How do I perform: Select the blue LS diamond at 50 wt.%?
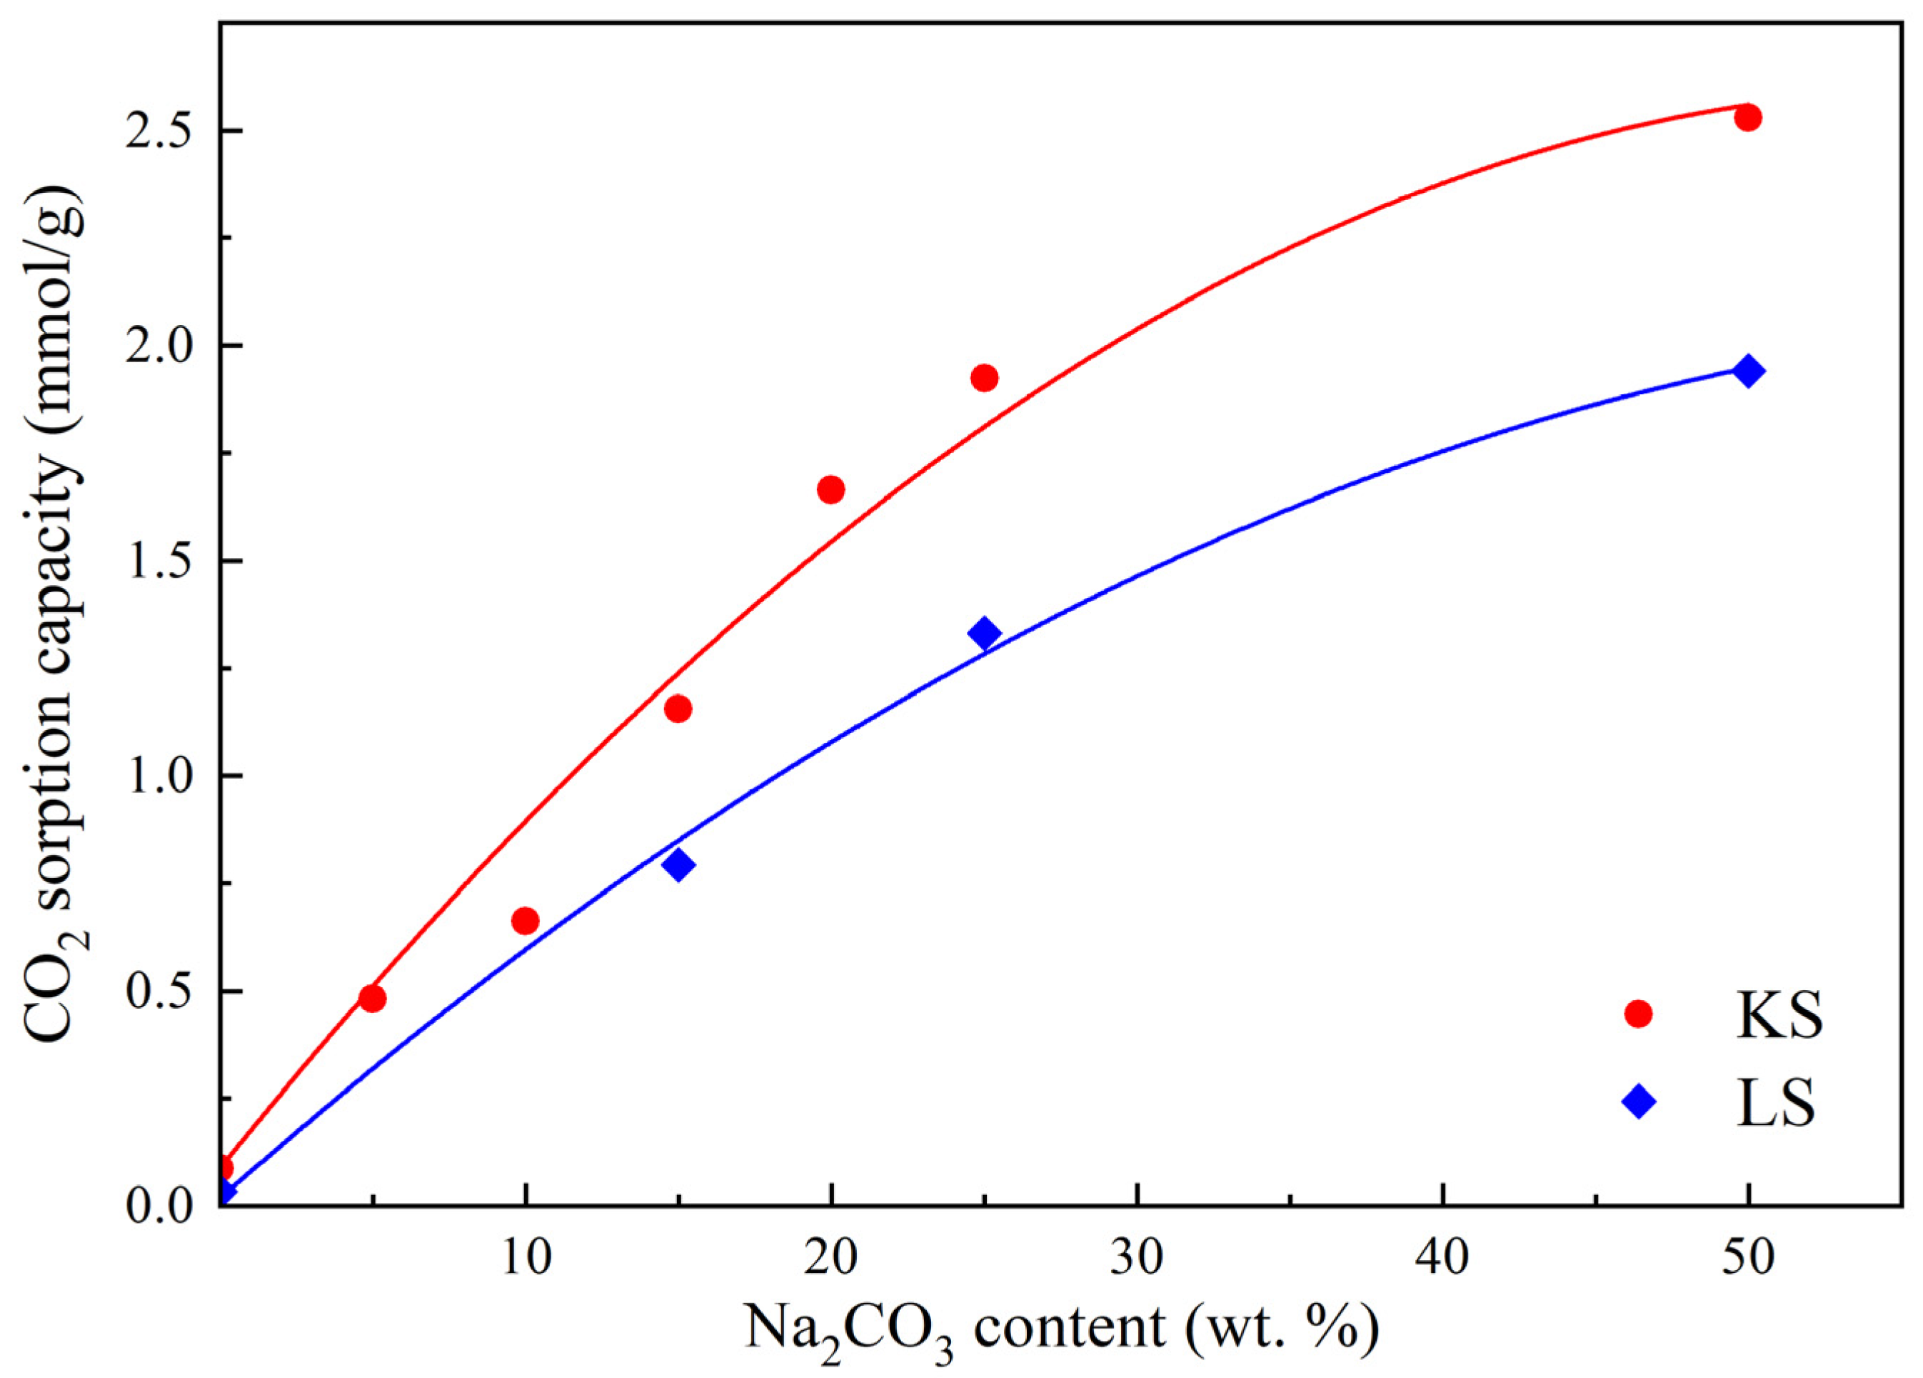coord(1747,371)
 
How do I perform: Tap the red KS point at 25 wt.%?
coord(985,377)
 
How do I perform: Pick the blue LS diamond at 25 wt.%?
coord(985,633)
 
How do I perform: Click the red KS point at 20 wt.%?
coord(831,489)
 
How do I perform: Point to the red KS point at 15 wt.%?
coord(678,708)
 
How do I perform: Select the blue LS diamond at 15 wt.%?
coord(678,865)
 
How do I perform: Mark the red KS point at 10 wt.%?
coord(526,921)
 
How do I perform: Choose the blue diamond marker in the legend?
coord(1638,1102)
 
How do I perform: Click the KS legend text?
coord(1778,1015)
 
